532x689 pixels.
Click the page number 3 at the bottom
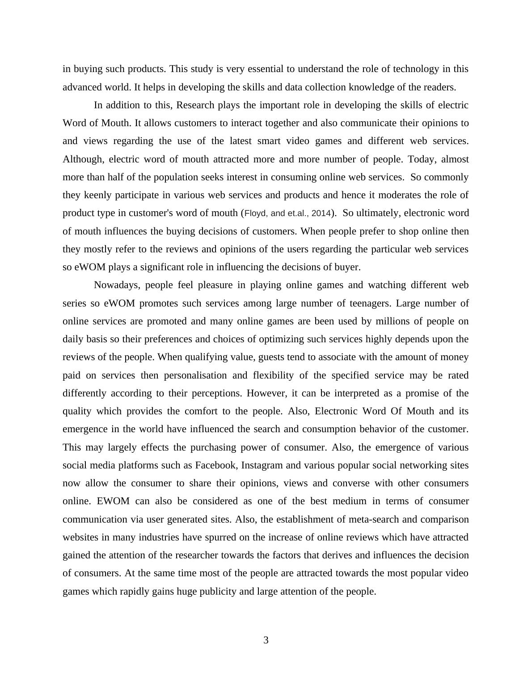266,640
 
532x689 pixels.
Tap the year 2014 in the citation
321,213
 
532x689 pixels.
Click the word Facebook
216,465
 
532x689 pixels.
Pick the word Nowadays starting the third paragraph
117,285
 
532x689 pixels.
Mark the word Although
83,159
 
